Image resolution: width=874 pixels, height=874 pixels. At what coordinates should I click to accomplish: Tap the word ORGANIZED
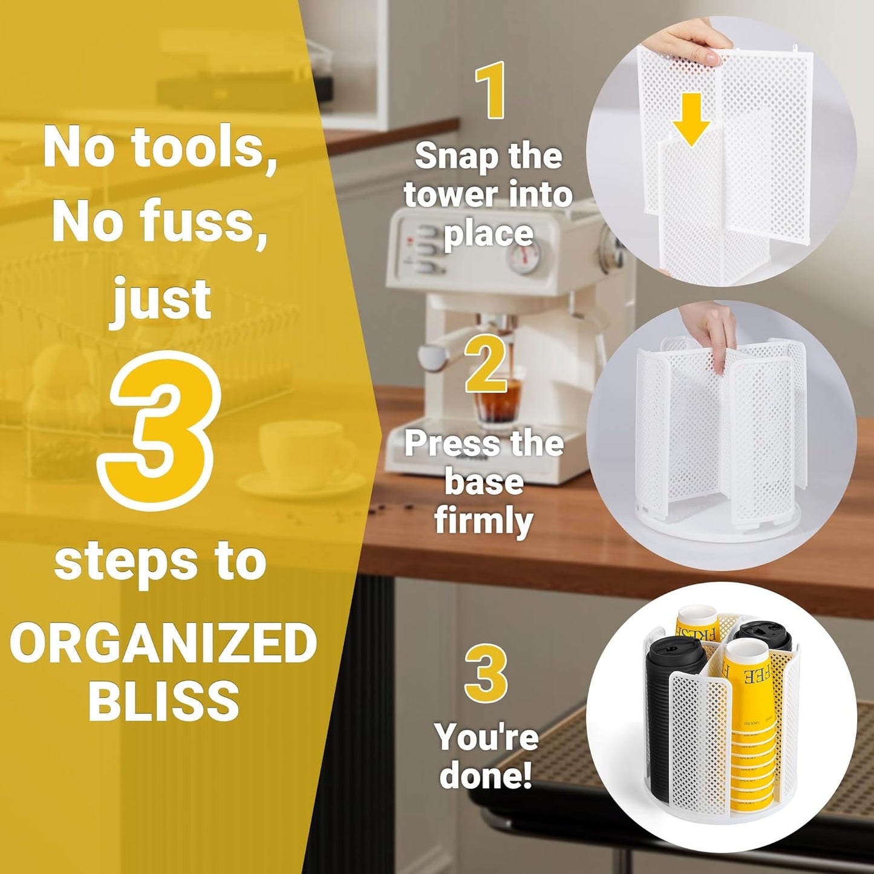point(163,643)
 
